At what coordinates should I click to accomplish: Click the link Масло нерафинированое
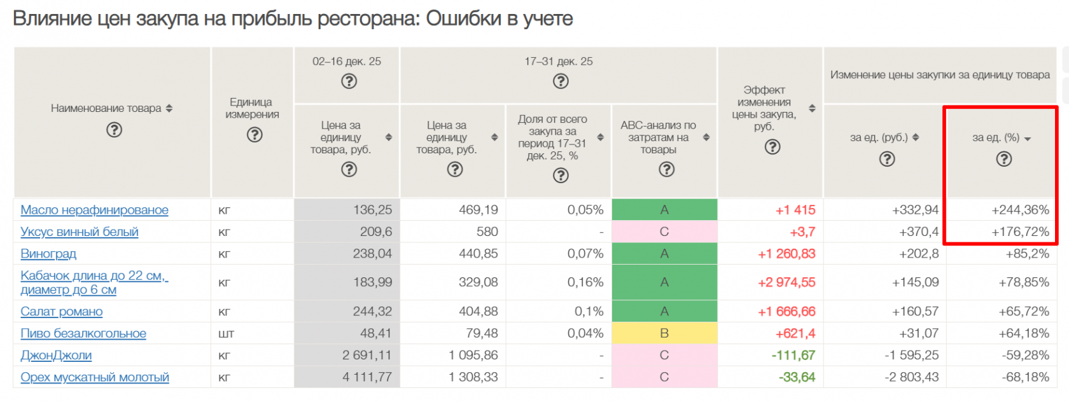click(x=94, y=210)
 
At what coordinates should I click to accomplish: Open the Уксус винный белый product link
click(x=79, y=232)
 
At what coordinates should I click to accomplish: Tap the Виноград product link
click(x=48, y=254)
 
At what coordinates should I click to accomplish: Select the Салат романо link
click(x=61, y=312)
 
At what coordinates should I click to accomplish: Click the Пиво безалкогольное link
click(x=83, y=333)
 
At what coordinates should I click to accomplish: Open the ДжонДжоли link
click(x=56, y=355)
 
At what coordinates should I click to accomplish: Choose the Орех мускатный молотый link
click(x=95, y=377)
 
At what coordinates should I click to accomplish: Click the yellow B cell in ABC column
click(x=664, y=333)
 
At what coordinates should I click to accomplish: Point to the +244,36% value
click(x=1020, y=210)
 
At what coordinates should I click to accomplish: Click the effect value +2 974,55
click(x=786, y=282)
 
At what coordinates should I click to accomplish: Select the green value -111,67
click(x=793, y=355)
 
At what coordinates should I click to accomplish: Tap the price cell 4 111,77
click(x=367, y=377)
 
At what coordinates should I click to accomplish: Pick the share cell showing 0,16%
click(x=585, y=282)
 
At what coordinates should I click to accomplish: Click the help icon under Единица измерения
click(x=255, y=135)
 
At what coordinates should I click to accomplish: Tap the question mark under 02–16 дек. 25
click(x=349, y=81)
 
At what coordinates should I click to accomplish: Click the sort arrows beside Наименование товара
click(x=169, y=109)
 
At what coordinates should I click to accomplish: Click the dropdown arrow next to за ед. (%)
click(x=1028, y=139)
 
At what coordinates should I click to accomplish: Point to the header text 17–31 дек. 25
click(x=558, y=62)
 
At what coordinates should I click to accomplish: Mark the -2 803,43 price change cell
click(x=911, y=377)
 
